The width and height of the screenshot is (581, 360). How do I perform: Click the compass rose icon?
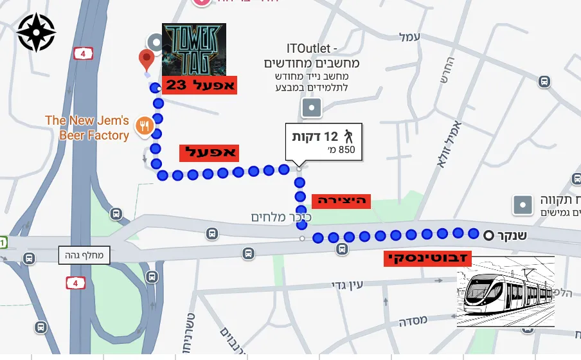[36, 32]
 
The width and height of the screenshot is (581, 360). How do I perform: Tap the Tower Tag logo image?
[194, 49]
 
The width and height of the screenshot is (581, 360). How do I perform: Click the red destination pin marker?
[147, 60]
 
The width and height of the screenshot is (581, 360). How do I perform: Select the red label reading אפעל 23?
[199, 85]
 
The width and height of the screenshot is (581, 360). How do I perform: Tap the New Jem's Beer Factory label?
[87, 128]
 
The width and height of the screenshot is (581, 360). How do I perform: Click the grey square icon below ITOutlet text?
[312, 107]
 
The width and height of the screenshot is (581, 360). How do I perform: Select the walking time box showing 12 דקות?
[324, 142]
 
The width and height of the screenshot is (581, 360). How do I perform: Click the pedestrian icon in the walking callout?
[348, 136]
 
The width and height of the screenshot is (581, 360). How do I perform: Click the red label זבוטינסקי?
[428, 259]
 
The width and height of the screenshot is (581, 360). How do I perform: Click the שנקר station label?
[512, 235]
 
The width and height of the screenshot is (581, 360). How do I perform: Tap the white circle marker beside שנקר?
[489, 235]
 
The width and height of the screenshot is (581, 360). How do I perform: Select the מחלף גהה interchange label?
[84, 255]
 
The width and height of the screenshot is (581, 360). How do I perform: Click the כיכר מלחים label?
[281, 217]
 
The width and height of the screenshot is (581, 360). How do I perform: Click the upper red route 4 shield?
[82, 53]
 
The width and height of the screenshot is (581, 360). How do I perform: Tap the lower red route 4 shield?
[75, 282]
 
